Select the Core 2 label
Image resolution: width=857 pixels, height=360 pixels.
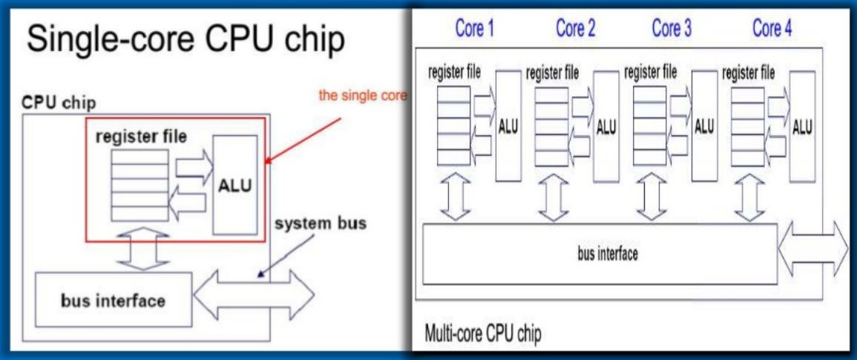click(575, 30)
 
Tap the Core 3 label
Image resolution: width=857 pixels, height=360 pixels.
click(672, 30)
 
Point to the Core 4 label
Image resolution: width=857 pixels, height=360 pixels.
click(772, 30)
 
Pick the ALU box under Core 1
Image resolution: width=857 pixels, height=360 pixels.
click(508, 126)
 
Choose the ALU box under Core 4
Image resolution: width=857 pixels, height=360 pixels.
click(802, 126)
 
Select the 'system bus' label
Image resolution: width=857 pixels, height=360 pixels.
click(320, 223)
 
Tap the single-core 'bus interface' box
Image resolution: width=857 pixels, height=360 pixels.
click(114, 301)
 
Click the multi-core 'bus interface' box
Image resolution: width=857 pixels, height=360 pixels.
click(600, 253)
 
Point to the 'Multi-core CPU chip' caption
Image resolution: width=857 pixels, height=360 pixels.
click(482, 334)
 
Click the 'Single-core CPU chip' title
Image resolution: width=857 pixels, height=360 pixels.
click(185, 40)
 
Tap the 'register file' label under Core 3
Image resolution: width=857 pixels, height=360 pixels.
click(651, 73)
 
